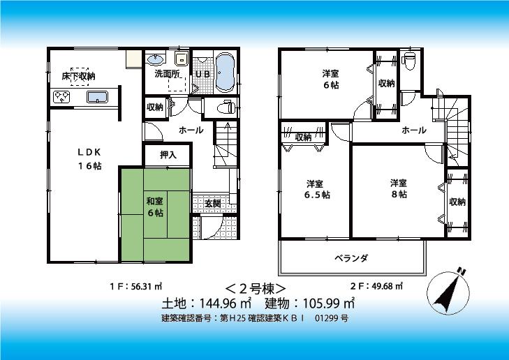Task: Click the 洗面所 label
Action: pos(167,74)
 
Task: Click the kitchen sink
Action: pos(97,97)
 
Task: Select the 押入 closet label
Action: pos(168,155)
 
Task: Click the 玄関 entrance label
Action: pos(213,203)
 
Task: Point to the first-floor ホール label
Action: pos(191,130)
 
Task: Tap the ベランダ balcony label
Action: pos(351,258)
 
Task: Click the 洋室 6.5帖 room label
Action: pos(314,189)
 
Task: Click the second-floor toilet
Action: pos(410,61)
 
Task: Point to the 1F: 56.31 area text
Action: pos(136,286)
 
